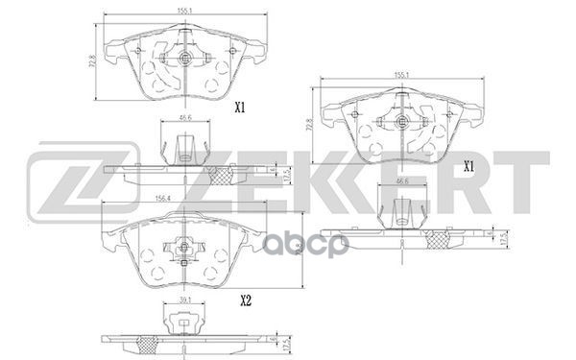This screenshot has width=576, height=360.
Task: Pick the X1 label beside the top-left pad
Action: tap(241, 108)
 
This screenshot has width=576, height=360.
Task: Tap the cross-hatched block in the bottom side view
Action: tap(147, 344)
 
